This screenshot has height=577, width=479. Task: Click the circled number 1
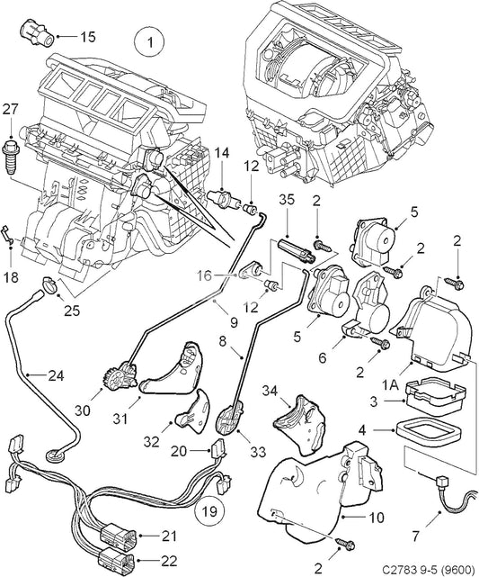click(150, 41)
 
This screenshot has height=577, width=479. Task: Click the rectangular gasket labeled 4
click(433, 430)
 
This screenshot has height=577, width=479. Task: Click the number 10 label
click(377, 518)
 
